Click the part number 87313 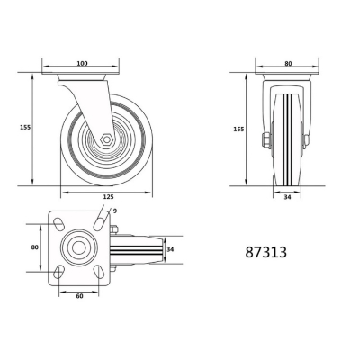click(266, 253)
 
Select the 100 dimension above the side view click(81, 64)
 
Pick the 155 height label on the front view click(238, 129)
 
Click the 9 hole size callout click(115, 211)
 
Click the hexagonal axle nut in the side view click(106, 140)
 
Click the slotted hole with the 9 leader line click(96, 223)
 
